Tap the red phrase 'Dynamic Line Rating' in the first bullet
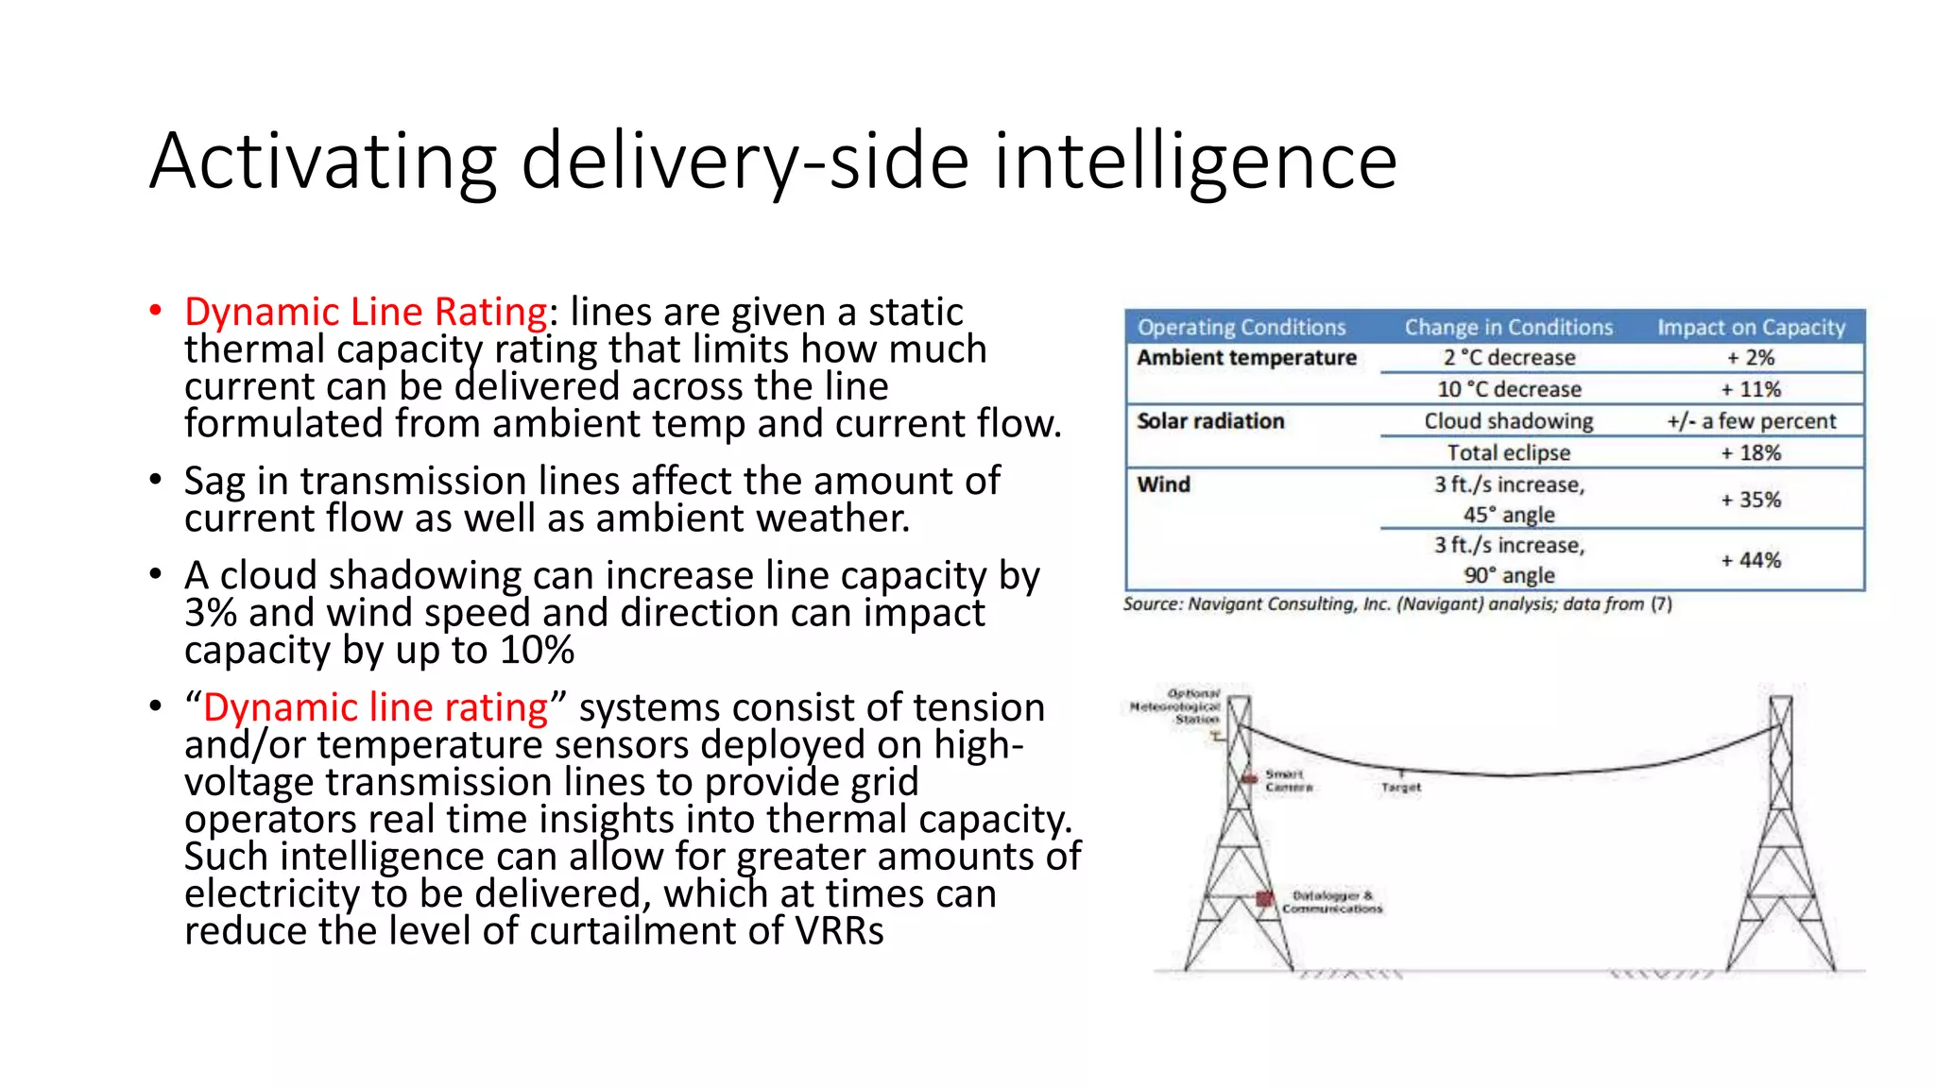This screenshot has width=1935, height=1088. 366,312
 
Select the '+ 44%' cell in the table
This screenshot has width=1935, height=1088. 1750,560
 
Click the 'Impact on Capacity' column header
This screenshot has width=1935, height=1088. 1750,328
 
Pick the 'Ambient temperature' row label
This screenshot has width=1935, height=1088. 1245,358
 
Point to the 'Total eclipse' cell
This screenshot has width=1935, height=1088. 1508,453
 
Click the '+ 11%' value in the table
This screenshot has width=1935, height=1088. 1750,389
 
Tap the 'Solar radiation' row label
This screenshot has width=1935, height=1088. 1209,421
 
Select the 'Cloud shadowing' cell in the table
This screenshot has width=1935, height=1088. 1508,421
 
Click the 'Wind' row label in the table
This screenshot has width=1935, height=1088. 1163,484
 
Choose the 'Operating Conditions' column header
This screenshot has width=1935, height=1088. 1241,328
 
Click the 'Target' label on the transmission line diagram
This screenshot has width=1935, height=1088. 1400,787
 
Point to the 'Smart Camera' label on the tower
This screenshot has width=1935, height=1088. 1288,780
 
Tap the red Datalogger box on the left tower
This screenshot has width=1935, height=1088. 1264,898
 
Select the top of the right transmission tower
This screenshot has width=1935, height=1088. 1780,701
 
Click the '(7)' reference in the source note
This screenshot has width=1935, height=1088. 1661,604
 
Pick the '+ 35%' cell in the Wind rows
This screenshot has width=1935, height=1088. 1750,500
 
